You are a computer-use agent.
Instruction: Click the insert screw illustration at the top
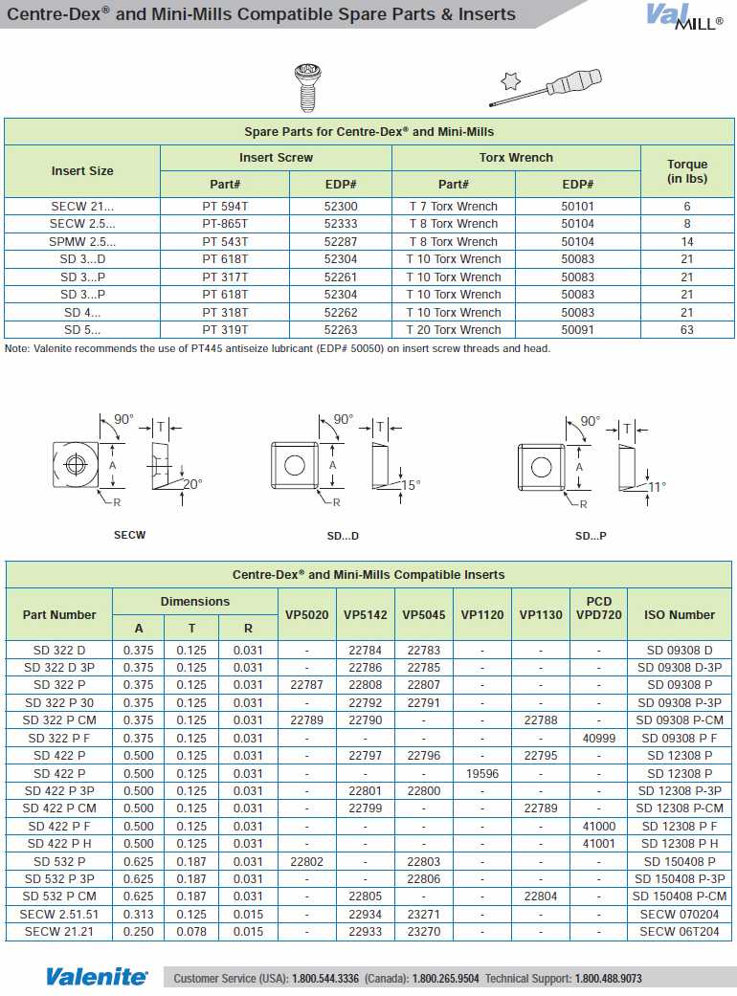(x=308, y=86)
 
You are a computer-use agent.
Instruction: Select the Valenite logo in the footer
(x=97, y=977)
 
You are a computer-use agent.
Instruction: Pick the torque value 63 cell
(x=686, y=330)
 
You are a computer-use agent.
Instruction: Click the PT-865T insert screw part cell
(x=225, y=224)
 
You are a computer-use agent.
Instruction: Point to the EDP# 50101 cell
(x=577, y=207)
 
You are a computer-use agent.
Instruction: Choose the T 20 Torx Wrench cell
(x=454, y=330)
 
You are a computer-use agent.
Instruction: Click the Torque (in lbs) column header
(x=686, y=171)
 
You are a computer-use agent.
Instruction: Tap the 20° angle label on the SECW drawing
(x=192, y=485)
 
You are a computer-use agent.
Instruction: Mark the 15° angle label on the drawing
(x=411, y=485)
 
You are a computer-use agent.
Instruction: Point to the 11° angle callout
(x=657, y=486)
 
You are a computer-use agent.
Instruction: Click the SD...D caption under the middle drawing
(x=344, y=536)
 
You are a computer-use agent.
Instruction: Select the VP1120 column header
(x=481, y=614)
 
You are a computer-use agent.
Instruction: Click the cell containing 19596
(x=481, y=773)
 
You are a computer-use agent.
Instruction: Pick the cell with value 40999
(x=598, y=739)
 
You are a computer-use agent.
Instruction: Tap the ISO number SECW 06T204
(x=679, y=932)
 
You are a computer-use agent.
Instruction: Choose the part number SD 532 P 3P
(x=59, y=879)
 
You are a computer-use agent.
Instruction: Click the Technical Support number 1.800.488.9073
(x=608, y=979)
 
